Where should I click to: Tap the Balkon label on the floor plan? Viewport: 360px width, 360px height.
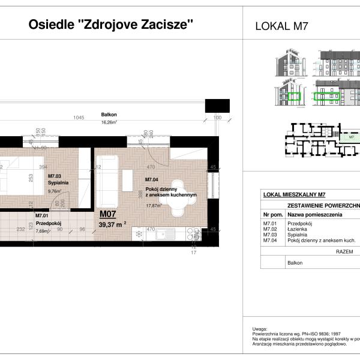coord(109,115)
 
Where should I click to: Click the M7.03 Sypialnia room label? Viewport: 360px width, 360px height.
coord(58,181)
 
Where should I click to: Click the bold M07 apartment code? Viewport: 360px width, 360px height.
coord(107,214)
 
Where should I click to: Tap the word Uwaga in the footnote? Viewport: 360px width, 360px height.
coord(260,329)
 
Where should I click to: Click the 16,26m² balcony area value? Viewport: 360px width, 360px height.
coord(109,122)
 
